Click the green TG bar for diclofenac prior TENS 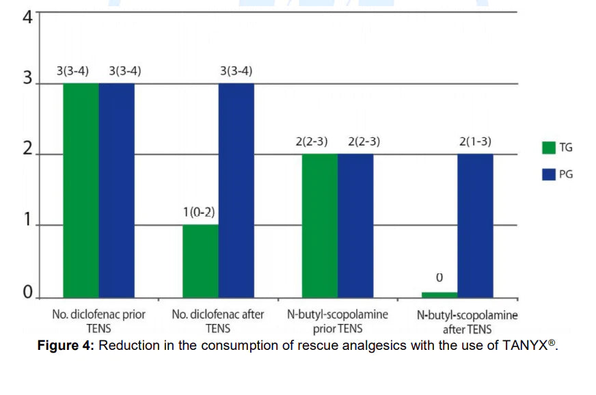[x=81, y=191]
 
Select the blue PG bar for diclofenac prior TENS [x=116, y=191]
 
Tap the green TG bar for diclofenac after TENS [x=200, y=262]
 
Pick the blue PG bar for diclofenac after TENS [x=236, y=191]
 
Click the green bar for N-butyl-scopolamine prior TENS [x=319, y=226]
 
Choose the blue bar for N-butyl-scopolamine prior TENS [x=355, y=226]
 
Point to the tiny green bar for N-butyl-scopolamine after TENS [x=439, y=295]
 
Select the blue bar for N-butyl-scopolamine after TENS [x=475, y=226]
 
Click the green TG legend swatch [x=548, y=147]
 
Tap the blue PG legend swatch [x=548, y=174]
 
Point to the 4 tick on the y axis [x=27, y=16]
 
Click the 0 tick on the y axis [x=27, y=294]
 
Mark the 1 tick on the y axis [x=27, y=221]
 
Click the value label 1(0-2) [x=199, y=213]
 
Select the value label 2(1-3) [x=475, y=142]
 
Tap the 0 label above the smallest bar [x=439, y=278]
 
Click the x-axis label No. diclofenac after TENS [x=218, y=322]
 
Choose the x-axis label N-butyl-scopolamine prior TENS [x=337, y=322]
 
